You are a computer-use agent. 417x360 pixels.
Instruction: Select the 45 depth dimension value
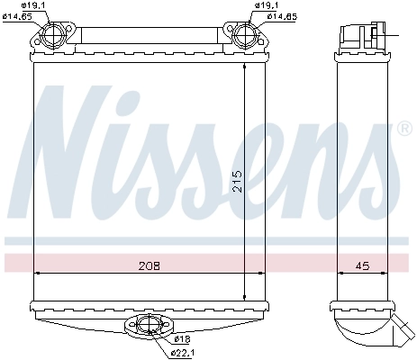click(360, 265)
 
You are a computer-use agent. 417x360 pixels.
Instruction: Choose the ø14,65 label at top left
click(19, 16)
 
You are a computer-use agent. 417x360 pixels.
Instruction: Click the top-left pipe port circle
click(51, 38)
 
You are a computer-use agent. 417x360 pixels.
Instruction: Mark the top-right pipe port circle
click(243, 38)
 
